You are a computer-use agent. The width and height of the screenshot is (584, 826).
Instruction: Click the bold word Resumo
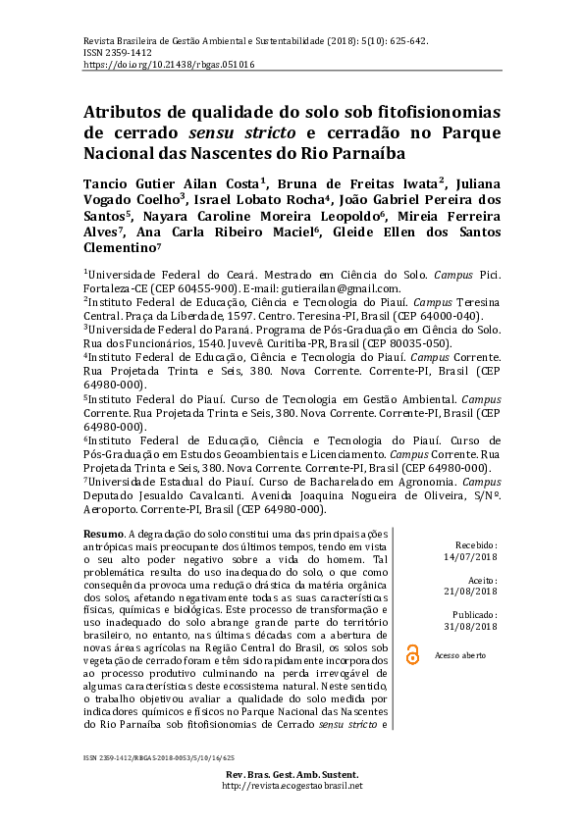click(104, 531)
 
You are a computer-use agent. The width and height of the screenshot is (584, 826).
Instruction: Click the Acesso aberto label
click(460, 654)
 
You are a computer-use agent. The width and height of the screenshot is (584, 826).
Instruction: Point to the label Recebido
click(476, 543)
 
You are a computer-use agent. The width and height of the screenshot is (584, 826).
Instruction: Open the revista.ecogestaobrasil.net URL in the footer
click(292, 786)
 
